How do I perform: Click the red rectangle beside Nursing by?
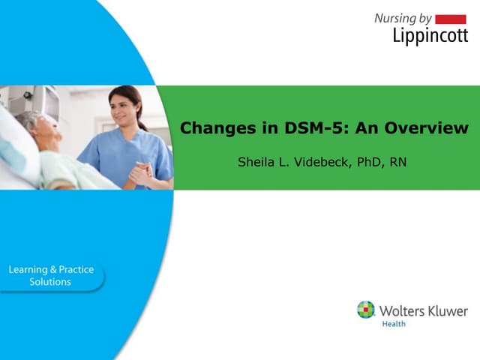point(450,19)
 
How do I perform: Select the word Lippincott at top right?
point(429,35)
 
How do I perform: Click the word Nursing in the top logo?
point(396,18)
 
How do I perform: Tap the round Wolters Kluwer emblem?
point(365,310)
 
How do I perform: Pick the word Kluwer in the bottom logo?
point(447,310)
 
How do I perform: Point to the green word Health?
point(394,325)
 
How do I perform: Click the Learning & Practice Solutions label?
point(50,275)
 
